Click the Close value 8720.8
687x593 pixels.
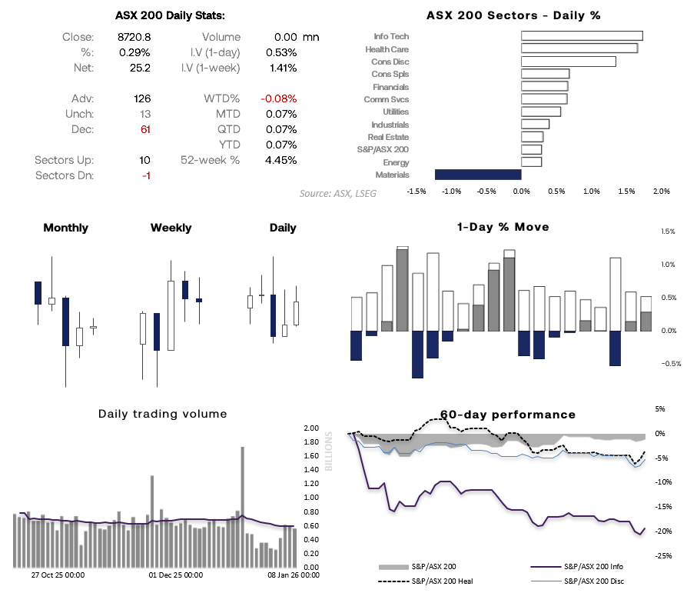[x=135, y=37]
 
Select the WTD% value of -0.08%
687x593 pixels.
[x=278, y=98]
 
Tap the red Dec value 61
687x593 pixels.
[x=144, y=129]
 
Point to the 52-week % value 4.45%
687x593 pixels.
[x=280, y=160]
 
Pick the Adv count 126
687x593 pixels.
[x=141, y=98]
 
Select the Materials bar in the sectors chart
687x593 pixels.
[x=478, y=175]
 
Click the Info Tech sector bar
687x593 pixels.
[x=582, y=35]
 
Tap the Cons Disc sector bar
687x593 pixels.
[x=568, y=62]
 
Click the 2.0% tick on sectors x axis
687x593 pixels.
[x=661, y=192]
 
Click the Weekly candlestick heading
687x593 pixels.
[x=171, y=228]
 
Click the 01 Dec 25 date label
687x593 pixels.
[x=175, y=575]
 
